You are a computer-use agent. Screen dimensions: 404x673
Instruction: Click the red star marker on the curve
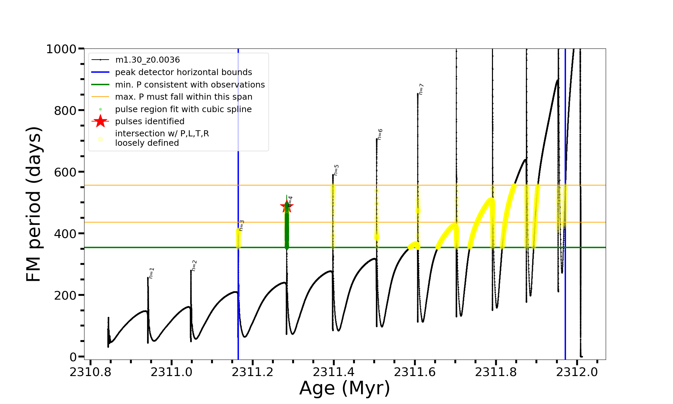[287, 206]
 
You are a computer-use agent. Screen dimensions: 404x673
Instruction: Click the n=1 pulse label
[151, 273]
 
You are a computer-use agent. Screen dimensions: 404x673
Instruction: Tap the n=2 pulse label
[194, 266]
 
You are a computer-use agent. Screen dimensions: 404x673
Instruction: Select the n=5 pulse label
[336, 170]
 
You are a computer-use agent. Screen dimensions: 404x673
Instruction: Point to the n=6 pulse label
[380, 134]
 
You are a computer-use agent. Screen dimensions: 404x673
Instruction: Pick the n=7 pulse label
[421, 89]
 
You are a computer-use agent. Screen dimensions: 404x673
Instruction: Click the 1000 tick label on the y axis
[61, 49]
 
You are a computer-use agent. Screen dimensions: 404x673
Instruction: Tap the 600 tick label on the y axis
[65, 172]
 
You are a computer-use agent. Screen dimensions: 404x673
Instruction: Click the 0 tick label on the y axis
[73, 357]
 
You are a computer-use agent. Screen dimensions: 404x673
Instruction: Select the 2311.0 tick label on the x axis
[172, 372]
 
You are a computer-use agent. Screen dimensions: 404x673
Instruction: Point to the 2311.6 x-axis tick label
[415, 372]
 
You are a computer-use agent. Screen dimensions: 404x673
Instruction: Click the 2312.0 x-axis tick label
[577, 372]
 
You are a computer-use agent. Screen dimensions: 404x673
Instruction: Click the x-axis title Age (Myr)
[345, 388]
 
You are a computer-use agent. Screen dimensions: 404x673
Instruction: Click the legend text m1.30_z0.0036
[147, 60]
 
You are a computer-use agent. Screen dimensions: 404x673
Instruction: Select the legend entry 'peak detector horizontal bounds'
[183, 72]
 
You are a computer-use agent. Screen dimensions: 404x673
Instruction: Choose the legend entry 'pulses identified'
[150, 122]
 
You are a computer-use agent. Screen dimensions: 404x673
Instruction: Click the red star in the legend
[100, 121]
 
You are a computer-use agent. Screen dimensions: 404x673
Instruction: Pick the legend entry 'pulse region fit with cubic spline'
[183, 109]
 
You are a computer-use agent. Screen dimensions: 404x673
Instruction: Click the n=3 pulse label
[241, 226]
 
